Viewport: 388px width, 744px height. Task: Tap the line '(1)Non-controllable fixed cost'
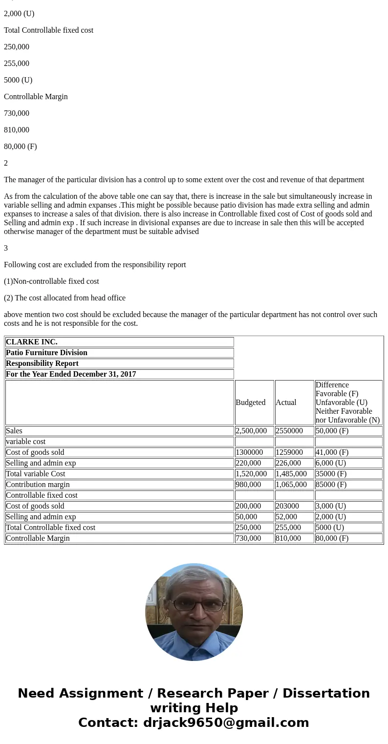tap(51, 281)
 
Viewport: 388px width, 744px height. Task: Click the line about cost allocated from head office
tap(65, 298)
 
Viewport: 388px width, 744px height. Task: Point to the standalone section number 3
tap(6, 248)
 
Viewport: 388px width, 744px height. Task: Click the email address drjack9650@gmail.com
tap(226, 723)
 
